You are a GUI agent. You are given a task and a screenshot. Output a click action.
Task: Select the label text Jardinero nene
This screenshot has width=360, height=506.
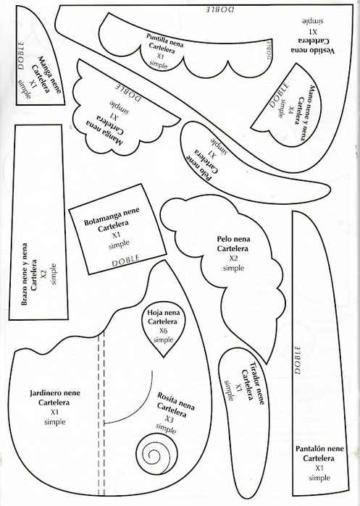pyautogui.click(x=55, y=393)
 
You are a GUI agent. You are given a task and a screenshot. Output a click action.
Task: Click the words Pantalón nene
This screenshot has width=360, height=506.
pyautogui.click(x=319, y=449)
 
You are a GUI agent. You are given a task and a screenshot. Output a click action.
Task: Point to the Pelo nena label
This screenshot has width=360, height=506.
pyautogui.click(x=233, y=239)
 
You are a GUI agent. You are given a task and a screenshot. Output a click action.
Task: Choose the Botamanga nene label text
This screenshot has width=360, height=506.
pyautogui.click(x=112, y=217)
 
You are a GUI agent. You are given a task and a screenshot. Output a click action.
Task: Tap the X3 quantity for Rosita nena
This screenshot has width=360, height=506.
pyautogui.click(x=169, y=419)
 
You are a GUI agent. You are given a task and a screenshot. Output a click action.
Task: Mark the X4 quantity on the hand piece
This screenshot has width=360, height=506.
pyautogui.click(x=290, y=111)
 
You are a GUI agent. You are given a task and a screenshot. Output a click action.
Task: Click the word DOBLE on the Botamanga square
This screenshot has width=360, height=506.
pyautogui.click(x=125, y=260)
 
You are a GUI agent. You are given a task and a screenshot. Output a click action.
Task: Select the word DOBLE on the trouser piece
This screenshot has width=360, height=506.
pyautogui.click(x=298, y=360)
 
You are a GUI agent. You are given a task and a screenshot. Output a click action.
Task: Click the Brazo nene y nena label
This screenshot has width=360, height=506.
pyautogui.click(x=25, y=274)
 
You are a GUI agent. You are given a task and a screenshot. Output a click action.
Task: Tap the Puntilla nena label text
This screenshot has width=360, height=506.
pyautogui.click(x=165, y=39)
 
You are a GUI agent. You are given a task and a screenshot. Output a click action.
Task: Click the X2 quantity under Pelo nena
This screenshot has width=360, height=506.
pyautogui.click(x=233, y=258)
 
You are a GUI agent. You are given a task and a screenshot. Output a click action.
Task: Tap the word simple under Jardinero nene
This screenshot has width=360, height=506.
pyautogui.click(x=55, y=422)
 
